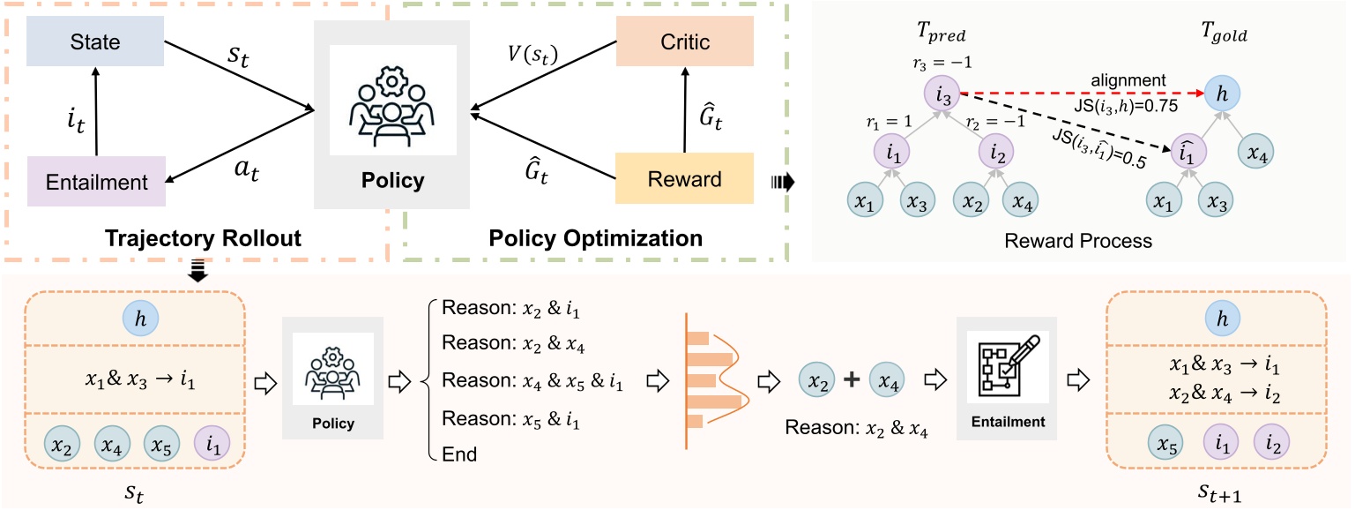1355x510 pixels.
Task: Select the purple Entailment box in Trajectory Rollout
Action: [96, 181]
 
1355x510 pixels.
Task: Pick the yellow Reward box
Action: [685, 180]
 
